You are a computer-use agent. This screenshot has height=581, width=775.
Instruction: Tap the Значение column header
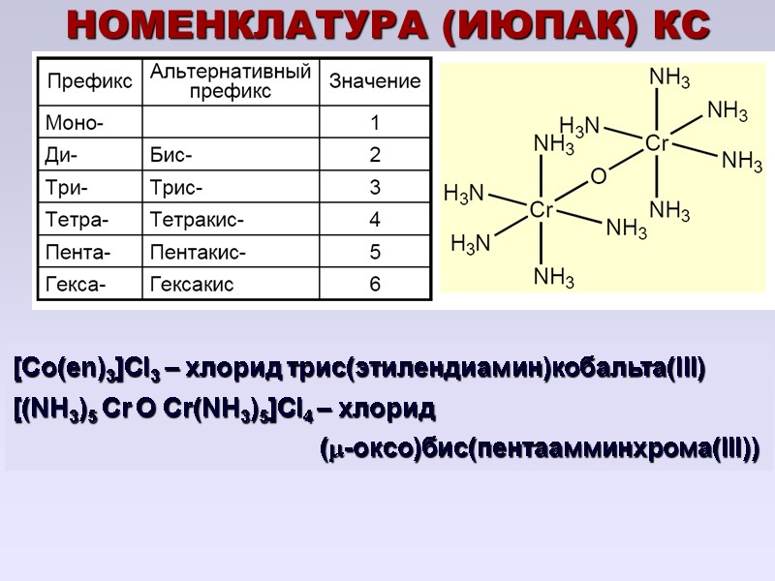coord(375,80)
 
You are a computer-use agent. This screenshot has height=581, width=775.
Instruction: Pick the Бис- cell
coord(172,155)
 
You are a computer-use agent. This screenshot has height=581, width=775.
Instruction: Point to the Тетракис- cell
coord(197,220)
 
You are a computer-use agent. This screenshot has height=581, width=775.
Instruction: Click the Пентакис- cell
coord(198,252)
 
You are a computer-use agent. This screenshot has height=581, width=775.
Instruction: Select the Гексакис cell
coord(193,285)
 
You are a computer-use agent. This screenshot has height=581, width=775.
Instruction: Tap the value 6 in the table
coord(375,285)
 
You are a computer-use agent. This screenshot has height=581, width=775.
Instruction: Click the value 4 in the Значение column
coord(375,220)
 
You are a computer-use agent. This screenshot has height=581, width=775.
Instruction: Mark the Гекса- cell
coord(77,285)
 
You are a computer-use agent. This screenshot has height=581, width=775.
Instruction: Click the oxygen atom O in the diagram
coord(598,177)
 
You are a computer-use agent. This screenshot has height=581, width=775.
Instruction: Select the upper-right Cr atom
coord(657,143)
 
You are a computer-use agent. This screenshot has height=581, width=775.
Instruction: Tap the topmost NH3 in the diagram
coord(668,76)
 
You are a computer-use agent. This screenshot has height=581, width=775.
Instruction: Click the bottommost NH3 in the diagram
coord(554,278)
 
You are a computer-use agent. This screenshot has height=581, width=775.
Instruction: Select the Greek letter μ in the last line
coord(329,450)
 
